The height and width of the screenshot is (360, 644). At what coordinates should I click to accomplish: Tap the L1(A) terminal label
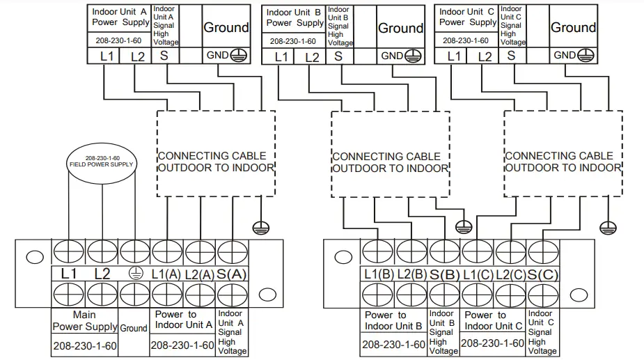coord(166,274)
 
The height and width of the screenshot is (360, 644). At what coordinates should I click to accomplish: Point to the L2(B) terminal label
coord(412,274)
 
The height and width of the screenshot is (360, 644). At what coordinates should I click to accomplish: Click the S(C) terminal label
coord(543,274)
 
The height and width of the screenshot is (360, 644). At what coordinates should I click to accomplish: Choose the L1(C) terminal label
coord(478,274)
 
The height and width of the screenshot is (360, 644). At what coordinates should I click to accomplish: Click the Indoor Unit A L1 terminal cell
coord(107,56)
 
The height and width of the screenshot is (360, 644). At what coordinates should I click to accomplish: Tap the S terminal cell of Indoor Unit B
coord(338,56)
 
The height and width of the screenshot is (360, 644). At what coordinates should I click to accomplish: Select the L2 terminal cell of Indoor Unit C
coord(485,56)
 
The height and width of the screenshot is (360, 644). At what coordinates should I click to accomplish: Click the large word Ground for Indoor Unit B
coord(400,29)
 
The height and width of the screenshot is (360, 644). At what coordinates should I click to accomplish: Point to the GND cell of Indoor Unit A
coord(225,56)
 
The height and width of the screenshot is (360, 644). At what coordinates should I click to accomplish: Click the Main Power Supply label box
coord(84,320)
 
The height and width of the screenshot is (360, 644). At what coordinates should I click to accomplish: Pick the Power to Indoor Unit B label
coord(393,321)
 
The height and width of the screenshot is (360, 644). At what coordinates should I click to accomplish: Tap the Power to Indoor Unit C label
coord(493,321)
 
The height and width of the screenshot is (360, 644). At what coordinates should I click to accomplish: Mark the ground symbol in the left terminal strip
coord(133,274)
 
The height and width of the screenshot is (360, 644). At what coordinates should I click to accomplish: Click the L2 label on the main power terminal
coord(102,274)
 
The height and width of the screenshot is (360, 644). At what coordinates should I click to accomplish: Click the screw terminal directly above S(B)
coord(444,250)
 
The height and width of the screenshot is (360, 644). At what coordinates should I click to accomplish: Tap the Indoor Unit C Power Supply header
coord(468,17)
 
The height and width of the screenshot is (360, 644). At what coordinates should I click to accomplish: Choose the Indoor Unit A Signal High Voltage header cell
coord(166,26)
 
